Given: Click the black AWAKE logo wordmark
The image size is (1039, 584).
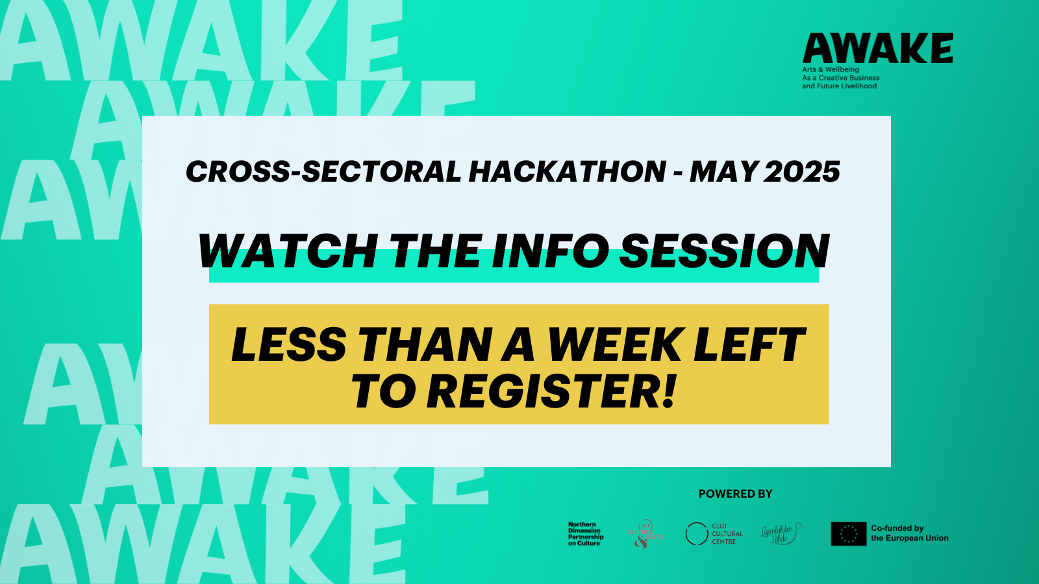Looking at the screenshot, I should (877, 49).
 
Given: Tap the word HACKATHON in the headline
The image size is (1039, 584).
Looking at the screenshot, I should (567, 172).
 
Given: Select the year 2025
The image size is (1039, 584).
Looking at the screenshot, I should (802, 172).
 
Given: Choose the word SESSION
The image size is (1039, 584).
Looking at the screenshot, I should (725, 252).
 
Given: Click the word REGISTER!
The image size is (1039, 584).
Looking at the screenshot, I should (551, 392).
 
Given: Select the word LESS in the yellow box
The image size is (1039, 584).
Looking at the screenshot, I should (289, 345).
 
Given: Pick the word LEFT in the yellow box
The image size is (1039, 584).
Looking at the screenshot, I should (749, 345).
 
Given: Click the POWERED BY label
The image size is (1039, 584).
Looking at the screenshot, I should (735, 494).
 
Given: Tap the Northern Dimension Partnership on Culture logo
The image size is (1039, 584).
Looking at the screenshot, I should (586, 534).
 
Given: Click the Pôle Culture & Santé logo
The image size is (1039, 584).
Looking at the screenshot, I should (645, 534).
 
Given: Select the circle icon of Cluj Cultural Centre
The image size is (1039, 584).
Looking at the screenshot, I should (697, 534).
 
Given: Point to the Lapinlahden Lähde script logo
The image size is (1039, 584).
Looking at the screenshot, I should (781, 534).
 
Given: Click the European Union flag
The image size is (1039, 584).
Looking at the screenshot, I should (849, 534).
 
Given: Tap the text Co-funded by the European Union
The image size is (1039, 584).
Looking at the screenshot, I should (909, 533).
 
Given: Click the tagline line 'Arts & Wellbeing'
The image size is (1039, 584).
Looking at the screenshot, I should (831, 69).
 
